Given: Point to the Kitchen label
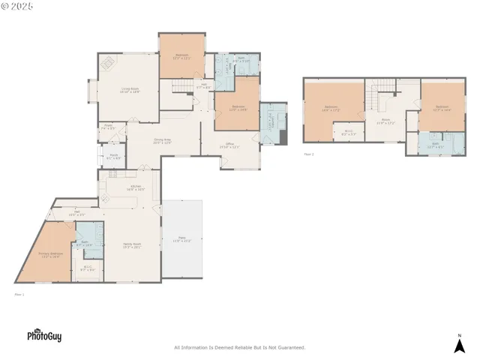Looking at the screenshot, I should pos(136,187).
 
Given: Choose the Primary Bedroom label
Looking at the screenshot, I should pos(50,255).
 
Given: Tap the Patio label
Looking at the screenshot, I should pos(182,239).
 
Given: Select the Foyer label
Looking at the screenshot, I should pos(109,127).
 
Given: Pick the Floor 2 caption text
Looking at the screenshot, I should pos(309,154).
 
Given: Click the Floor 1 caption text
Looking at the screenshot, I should pos(19,295).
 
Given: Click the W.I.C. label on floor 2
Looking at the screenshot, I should pos(348,133).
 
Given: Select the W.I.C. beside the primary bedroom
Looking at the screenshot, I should pos(88,268).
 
